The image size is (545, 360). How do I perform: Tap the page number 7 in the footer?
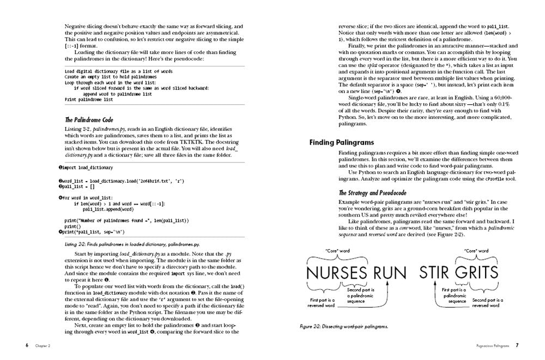[517, 345]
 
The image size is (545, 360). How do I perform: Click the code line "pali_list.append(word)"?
[108, 208]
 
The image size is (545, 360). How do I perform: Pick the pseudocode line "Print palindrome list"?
[89, 100]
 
